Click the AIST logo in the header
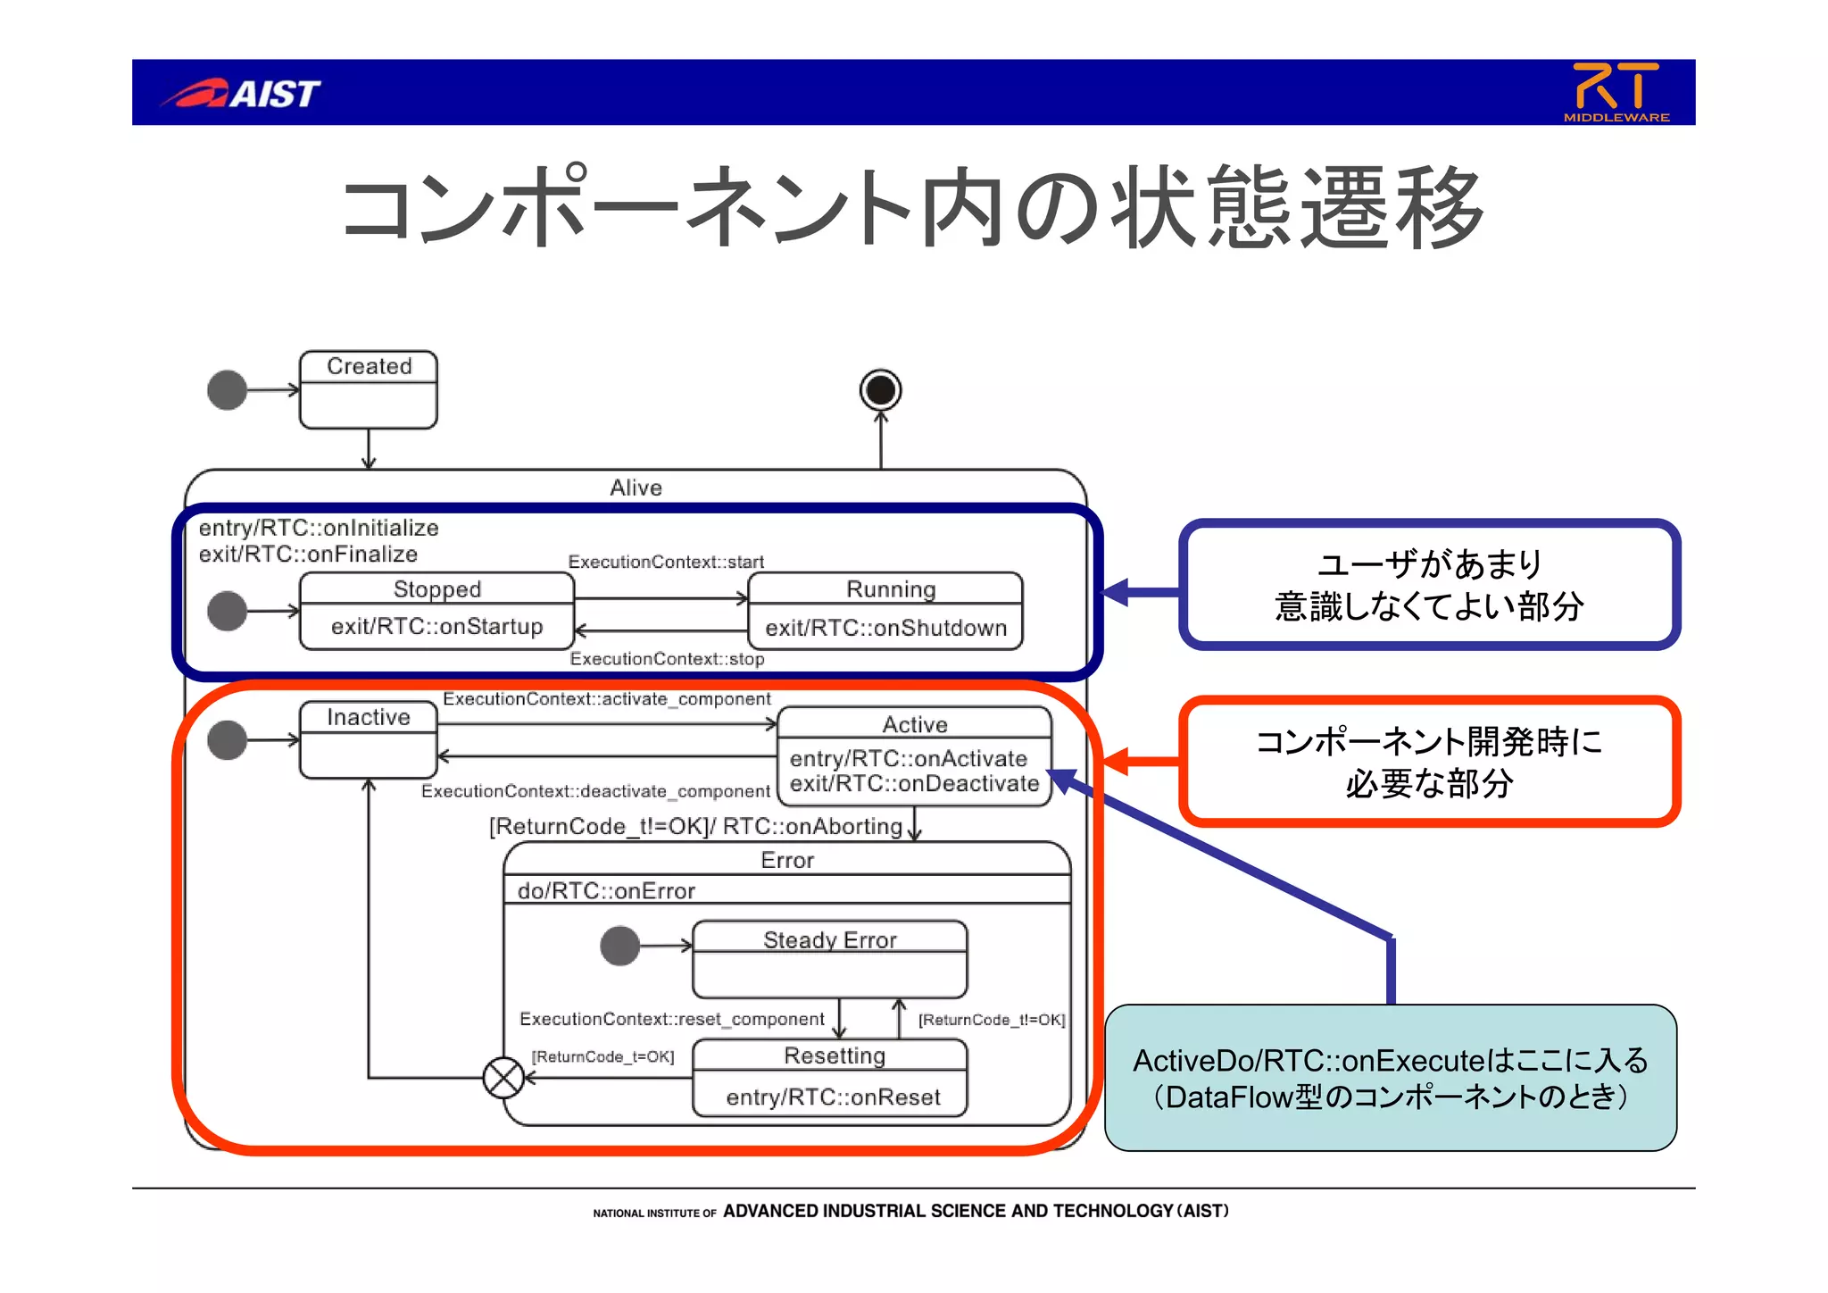tap(241, 93)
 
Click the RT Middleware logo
tap(1616, 92)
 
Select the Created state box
tap(369, 389)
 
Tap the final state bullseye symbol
tap(880, 390)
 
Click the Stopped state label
tap(437, 589)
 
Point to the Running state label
tap(890, 589)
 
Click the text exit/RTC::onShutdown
tap(885, 628)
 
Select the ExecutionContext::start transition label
tap(666, 562)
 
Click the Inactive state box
tap(369, 739)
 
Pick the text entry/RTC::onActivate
tap(908, 758)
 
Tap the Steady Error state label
tap(829, 939)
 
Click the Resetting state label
tap(834, 1055)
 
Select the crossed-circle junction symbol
tap(503, 1078)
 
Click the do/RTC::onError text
tap(606, 890)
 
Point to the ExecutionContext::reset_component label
tap(671, 1019)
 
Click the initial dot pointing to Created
tap(227, 390)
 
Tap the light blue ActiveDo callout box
tap(1390, 1078)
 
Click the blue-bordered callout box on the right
tap(1429, 585)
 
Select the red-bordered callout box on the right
tap(1429, 762)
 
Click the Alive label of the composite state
tap(636, 488)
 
